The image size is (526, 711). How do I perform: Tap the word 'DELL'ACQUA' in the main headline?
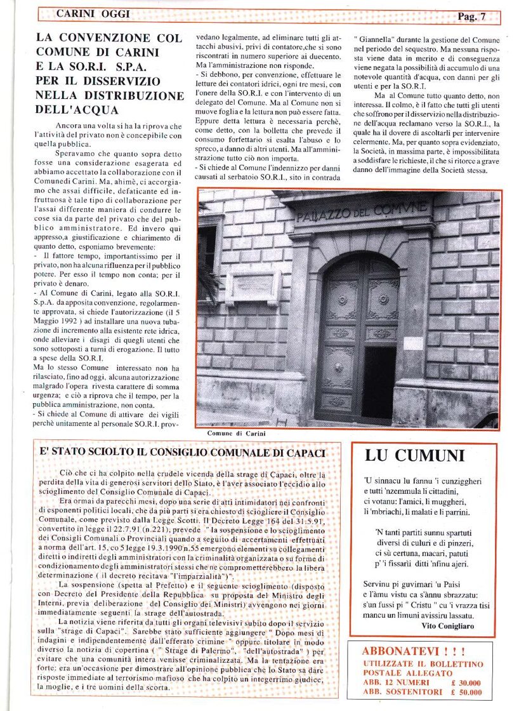[75, 109]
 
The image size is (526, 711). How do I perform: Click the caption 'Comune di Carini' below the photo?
[237, 434]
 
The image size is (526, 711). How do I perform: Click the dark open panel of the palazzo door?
[379, 382]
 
